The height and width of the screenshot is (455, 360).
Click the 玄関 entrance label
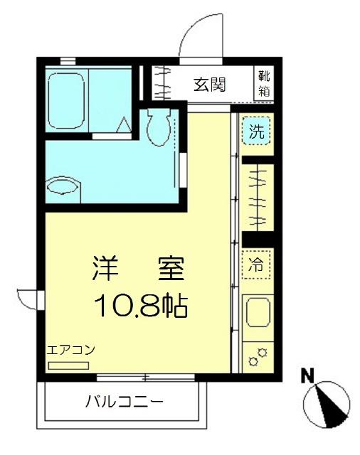click(210, 84)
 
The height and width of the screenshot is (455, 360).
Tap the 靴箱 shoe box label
click(265, 83)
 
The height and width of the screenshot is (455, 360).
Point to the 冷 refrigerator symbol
click(256, 266)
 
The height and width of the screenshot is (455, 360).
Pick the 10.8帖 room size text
click(140, 306)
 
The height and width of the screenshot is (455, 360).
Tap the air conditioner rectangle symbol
click(68, 365)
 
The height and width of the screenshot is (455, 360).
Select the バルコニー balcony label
click(125, 402)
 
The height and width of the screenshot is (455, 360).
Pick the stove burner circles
click(257, 355)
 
